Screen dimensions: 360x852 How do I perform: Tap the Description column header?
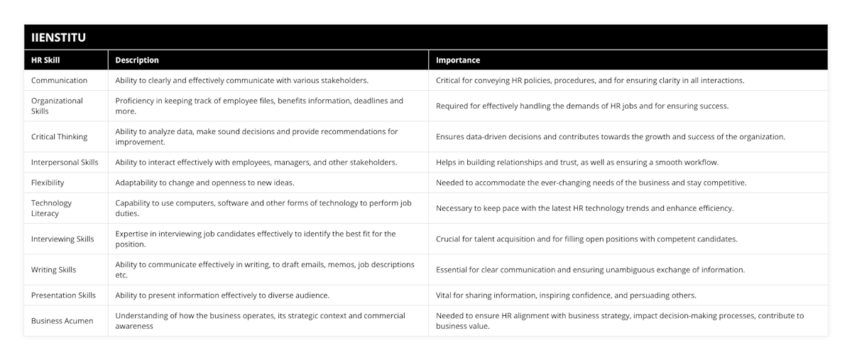pyautogui.click(x=137, y=60)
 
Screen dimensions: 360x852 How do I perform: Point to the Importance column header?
pyautogui.click(x=458, y=60)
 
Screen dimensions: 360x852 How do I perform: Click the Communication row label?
pyautogui.click(x=60, y=80)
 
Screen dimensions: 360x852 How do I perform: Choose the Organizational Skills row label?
pyautogui.click(x=58, y=106)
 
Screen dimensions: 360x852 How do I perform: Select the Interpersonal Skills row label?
pyautogui.click(x=65, y=162)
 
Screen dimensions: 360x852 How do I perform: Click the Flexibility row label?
pyautogui.click(x=48, y=182)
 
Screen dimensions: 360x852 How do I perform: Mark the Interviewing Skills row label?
pyautogui.click(x=62, y=239)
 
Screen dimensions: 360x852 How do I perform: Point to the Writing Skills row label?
pyautogui.click(x=53, y=270)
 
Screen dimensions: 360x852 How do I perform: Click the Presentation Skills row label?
pyautogui.click(x=63, y=295)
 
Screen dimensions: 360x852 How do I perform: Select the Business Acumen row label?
pyautogui.click(x=62, y=320)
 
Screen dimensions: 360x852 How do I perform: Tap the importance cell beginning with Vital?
pyautogui.click(x=567, y=295)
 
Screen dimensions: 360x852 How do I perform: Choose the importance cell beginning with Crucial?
pyautogui.click(x=586, y=239)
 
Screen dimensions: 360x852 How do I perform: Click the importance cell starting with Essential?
pyautogui.click(x=590, y=270)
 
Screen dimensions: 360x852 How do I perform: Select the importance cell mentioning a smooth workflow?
pyautogui.click(x=577, y=162)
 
